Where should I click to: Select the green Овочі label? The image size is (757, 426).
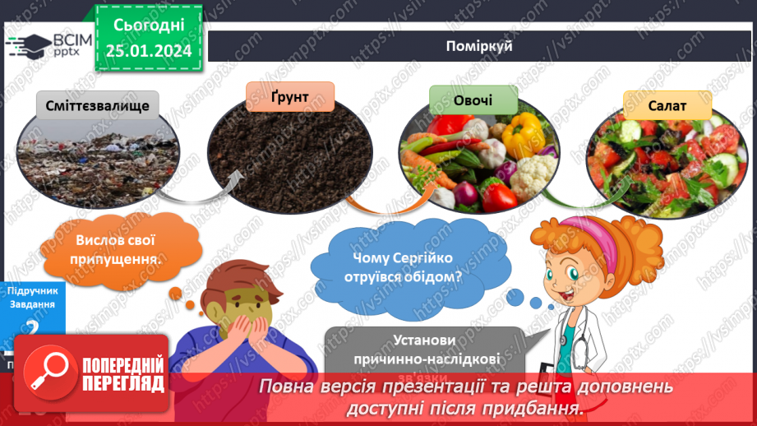tap(473, 100)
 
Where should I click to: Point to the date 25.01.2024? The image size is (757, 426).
tap(149, 51)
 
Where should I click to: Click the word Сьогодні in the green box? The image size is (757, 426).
tap(149, 25)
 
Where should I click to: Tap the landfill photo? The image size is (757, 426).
tap(96, 156)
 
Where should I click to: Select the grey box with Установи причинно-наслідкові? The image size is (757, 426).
tap(425, 349)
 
